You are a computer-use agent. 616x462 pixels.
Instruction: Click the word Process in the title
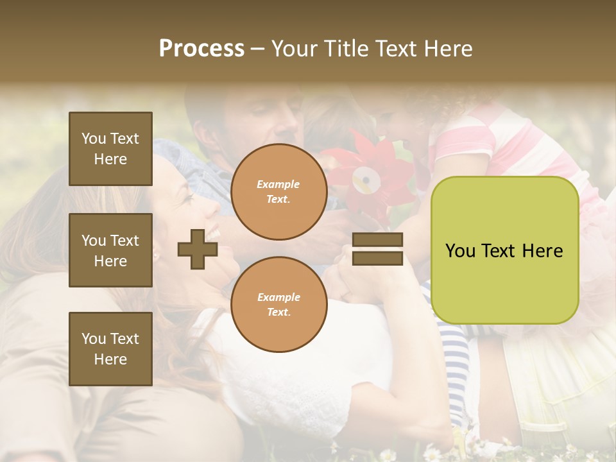[x=201, y=49]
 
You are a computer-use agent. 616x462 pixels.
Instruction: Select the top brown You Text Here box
[x=110, y=149]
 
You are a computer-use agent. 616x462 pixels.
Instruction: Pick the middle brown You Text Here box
[x=110, y=250]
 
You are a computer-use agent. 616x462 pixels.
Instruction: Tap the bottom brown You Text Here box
[x=110, y=349]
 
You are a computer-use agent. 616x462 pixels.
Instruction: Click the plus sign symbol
[x=198, y=249]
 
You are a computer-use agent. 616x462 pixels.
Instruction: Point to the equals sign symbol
[x=377, y=249]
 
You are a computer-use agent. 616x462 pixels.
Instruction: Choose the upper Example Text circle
[x=278, y=192]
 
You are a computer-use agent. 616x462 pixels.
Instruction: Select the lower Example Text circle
[x=278, y=304]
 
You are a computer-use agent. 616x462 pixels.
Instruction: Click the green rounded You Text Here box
[x=504, y=250]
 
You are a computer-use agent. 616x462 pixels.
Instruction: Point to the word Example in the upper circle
[x=278, y=185]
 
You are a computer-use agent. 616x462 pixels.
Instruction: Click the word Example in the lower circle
[x=278, y=297]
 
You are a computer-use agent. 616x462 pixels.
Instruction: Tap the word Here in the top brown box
[x=110, y=159]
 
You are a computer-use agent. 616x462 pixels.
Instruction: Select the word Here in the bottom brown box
[x=110, y=359]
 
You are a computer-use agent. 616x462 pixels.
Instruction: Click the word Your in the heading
[x=294, y=49]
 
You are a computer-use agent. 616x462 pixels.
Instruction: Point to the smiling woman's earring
[x=156, y=255]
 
